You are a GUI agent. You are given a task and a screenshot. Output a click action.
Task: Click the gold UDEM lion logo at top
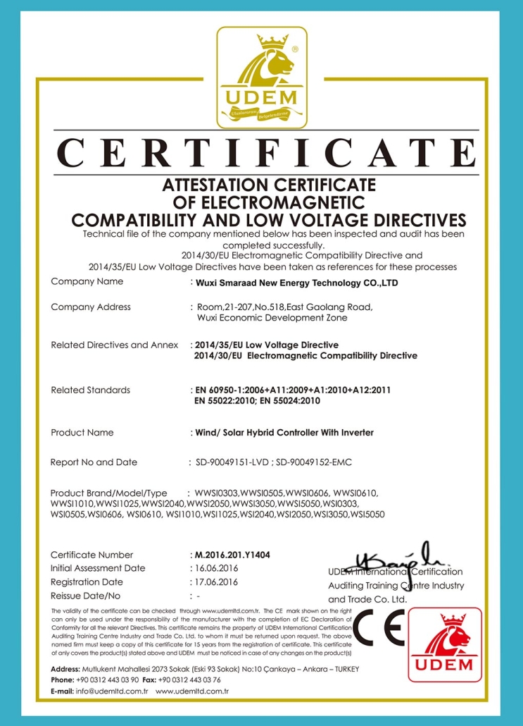(260, 78)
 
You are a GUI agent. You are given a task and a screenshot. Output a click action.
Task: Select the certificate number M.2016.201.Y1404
(232, 555)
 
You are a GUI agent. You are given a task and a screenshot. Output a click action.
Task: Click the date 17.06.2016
(216, 582)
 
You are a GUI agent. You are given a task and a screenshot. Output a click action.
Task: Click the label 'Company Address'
(91, 307)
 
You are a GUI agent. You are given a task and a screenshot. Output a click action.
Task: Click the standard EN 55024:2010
(291, 400)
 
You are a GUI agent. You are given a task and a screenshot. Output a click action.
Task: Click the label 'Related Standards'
(90, 390)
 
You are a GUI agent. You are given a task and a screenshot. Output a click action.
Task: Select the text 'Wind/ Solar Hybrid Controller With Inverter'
(284, 432)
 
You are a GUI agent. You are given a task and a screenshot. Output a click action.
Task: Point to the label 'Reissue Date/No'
(86, 596)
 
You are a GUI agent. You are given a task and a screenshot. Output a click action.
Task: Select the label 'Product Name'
(82, 432)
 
